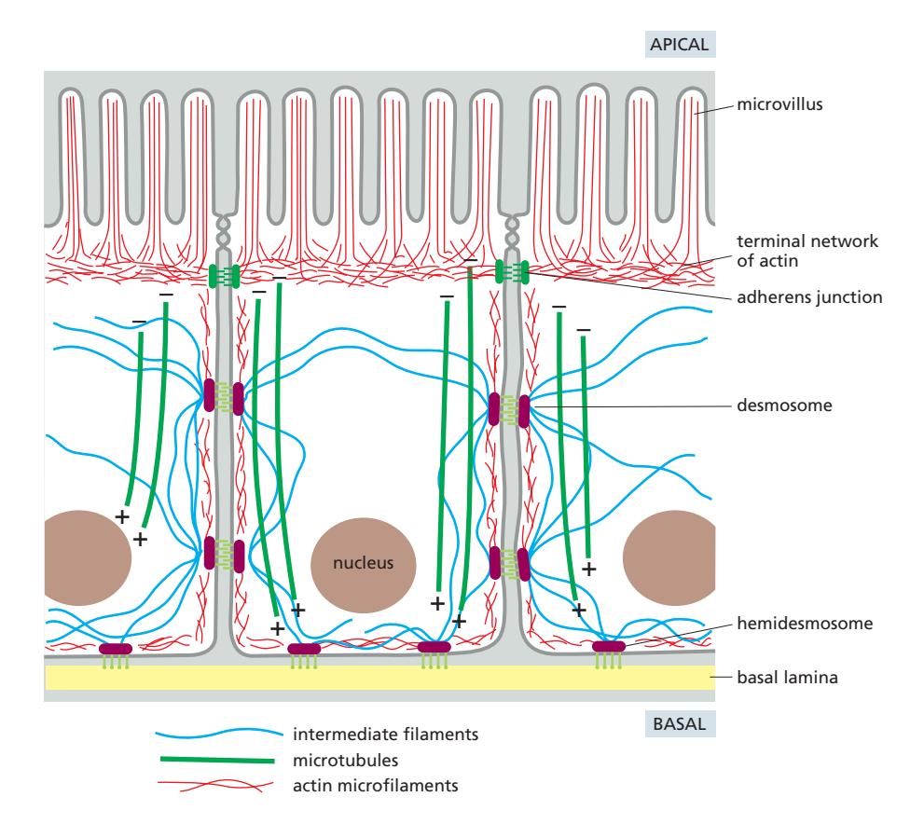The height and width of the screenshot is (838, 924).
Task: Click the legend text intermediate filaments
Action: coord(385,734)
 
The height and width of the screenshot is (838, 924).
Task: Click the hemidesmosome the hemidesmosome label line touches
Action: coord(609,646)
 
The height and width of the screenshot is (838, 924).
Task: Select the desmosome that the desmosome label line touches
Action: coord(524,408)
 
